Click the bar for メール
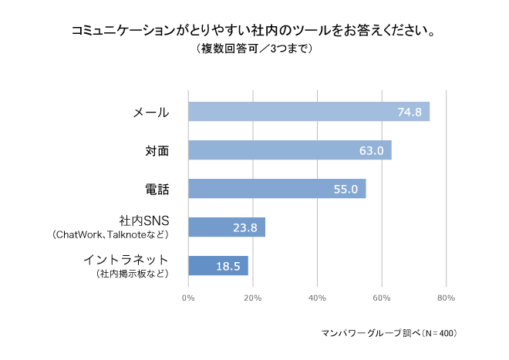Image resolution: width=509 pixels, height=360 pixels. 308,112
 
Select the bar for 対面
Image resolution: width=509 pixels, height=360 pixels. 289,150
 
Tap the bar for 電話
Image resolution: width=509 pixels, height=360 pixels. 276,189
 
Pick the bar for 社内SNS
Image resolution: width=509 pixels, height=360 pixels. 226,227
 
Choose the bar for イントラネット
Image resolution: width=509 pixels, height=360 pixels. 217,266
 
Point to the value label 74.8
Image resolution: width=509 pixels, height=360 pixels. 410,113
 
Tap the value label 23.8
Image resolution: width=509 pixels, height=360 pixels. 245,228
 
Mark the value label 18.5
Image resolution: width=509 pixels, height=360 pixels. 228,267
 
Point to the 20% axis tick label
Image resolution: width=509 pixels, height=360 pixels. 252,297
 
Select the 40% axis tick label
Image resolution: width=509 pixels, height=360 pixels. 317,297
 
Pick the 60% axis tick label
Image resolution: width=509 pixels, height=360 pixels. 382,297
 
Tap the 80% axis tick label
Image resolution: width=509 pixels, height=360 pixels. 446,297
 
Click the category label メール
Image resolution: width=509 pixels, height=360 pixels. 151,113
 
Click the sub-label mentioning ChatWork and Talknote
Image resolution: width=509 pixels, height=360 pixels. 110,234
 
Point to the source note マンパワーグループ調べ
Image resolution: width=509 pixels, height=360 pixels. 389,334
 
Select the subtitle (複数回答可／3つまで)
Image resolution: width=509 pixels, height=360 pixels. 254,49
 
